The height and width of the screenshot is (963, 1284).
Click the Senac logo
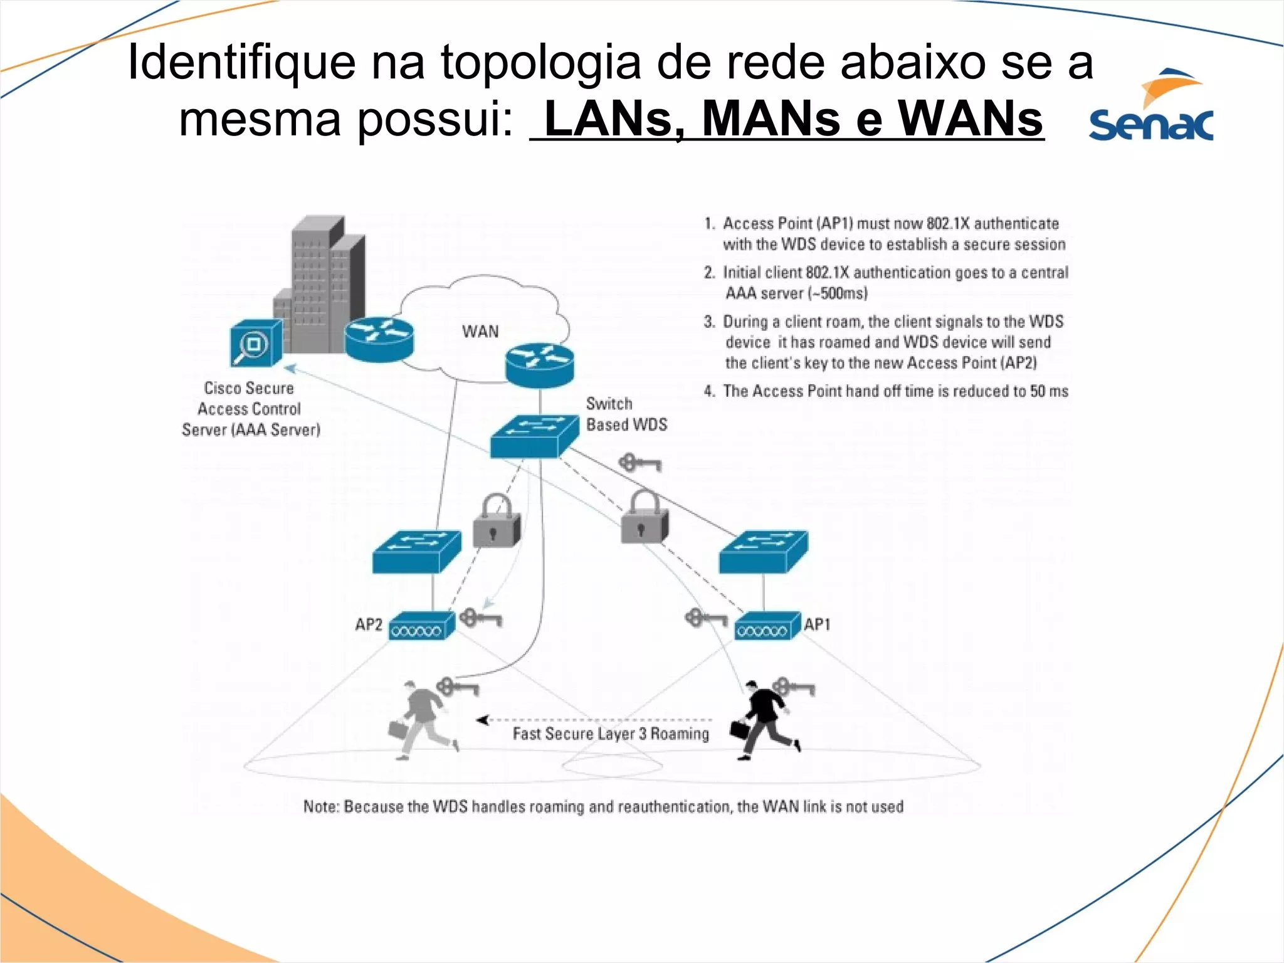(1151, 107)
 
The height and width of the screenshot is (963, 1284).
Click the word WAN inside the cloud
(480, 331)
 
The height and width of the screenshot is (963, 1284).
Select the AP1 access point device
(767, 626)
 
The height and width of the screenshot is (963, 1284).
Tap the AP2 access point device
(421, 626)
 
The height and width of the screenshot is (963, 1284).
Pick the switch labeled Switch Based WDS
(534, 436)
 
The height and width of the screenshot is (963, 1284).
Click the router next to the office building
(379, 339)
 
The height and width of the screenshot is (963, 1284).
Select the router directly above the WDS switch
(539, 365)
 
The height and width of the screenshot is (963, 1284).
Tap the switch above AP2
(416, 551)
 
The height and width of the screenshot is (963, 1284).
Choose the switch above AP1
(763, 551)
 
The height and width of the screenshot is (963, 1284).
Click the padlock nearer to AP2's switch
(497, 521)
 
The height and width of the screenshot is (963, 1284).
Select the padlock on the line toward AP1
(645, 518)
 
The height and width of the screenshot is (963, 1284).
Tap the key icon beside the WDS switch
(639, 463)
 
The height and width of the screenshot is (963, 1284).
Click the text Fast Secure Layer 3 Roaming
(611, 734)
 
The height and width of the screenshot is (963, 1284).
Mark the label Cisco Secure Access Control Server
(250, 409)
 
